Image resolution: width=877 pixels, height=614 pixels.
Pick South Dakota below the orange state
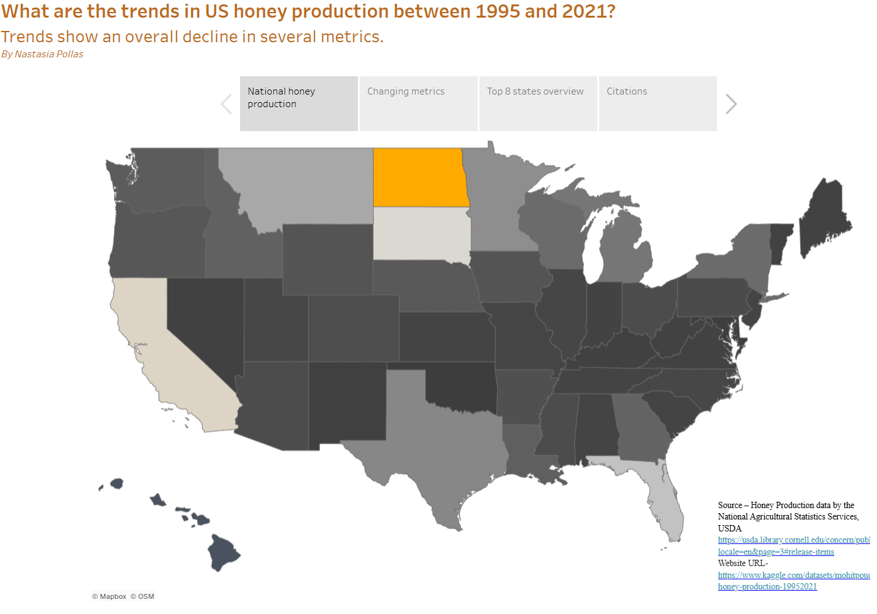click(x=421, y=233)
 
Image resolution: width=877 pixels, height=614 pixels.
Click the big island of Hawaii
click(x=223, y=552)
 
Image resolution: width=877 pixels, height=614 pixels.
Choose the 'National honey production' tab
click(x=299, y=103)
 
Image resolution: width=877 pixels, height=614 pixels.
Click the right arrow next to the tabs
click(x=731, y=104)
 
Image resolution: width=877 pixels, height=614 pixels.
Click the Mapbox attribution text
click(x=113, y=596)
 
